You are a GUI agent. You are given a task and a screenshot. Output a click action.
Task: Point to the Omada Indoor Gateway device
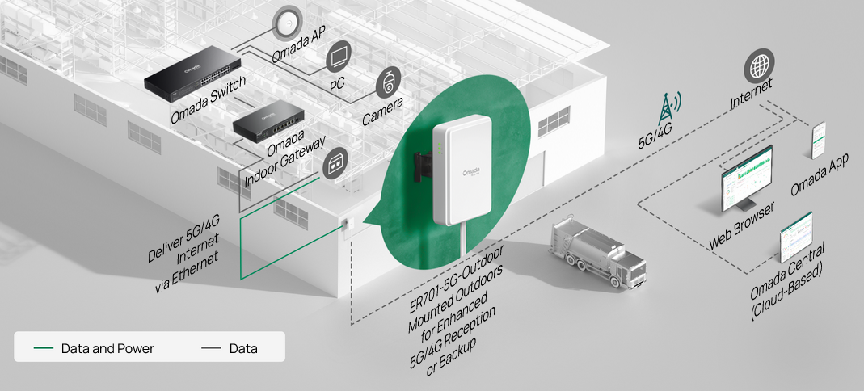[268, 121]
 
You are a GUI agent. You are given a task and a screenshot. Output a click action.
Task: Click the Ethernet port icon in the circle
[335, 163]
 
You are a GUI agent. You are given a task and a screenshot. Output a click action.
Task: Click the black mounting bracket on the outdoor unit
[423, 167]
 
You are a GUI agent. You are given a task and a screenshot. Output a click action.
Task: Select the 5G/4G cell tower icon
[668, 108]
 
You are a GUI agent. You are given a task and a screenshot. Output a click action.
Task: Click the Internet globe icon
[759, 66]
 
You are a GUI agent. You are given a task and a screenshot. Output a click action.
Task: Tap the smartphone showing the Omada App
[819, 140]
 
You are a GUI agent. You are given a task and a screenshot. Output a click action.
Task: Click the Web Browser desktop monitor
[747, 179]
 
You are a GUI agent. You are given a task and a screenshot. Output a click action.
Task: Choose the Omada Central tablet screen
[796, 237]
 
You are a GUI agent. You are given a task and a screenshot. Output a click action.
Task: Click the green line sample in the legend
[44, 348]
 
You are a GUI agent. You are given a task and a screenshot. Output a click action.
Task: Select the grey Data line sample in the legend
[212, 348]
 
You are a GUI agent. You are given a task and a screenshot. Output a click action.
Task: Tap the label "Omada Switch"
[208, 99]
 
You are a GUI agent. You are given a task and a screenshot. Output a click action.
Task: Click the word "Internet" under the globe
[751, 93]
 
